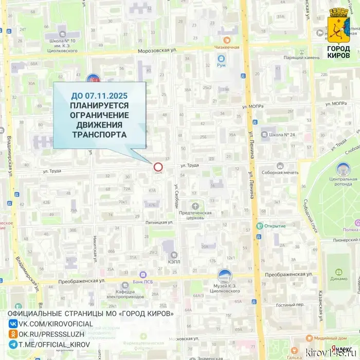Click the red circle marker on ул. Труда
[158, 167]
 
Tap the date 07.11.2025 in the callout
[107, 96]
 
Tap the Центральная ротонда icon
[343, 168]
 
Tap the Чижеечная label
[227, 47]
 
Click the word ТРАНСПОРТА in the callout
[100, 134]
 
